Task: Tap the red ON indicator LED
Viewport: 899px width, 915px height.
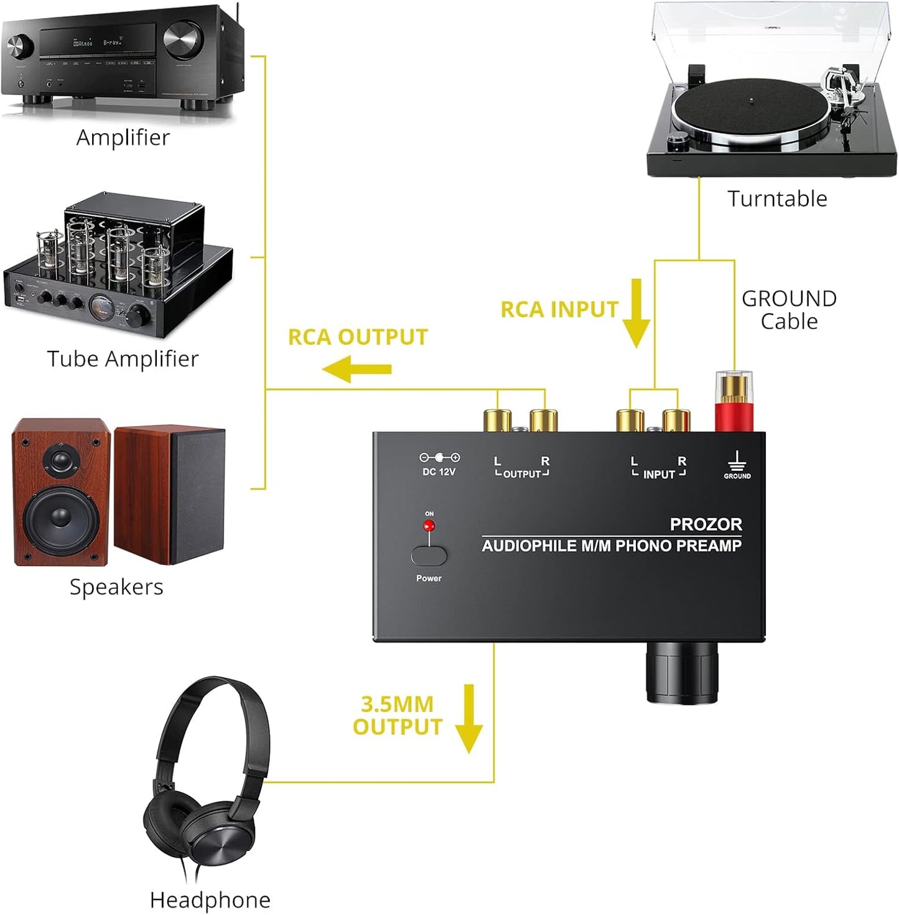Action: coord(429,526)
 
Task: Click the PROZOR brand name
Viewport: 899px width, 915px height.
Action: coord(706,524)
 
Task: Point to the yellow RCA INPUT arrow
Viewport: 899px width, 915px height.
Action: coord(636,313)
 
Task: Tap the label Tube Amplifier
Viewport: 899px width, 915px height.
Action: coord(123,359)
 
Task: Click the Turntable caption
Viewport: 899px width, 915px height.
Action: coord(777,198)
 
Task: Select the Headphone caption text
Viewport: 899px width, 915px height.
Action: coord(210,899)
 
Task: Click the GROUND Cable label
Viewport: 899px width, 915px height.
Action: coord(789,310)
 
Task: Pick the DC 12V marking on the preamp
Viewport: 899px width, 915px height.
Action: coord(439,472)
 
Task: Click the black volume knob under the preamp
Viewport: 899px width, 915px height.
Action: coord(682,673)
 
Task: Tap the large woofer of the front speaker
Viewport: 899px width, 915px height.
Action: coord(61,516)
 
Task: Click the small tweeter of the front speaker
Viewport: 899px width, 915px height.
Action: coord(61,460)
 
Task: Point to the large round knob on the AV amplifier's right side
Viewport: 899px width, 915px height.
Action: coord(184,39)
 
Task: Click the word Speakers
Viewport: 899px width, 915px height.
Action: coord(116,587)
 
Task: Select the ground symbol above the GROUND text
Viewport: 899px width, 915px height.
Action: coord(737,461)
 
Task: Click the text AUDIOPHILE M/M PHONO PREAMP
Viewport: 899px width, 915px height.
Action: coord(612,546)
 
